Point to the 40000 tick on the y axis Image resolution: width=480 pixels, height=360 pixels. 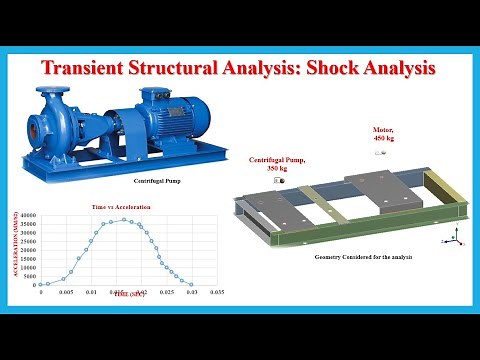pos(27,215)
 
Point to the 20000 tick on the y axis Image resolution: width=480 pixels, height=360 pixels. pos(27,250)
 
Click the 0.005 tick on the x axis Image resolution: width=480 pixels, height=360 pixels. pos(66,294)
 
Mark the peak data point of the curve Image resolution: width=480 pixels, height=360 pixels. pos(125,220)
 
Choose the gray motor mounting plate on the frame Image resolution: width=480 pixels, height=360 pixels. pos(372,190)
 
